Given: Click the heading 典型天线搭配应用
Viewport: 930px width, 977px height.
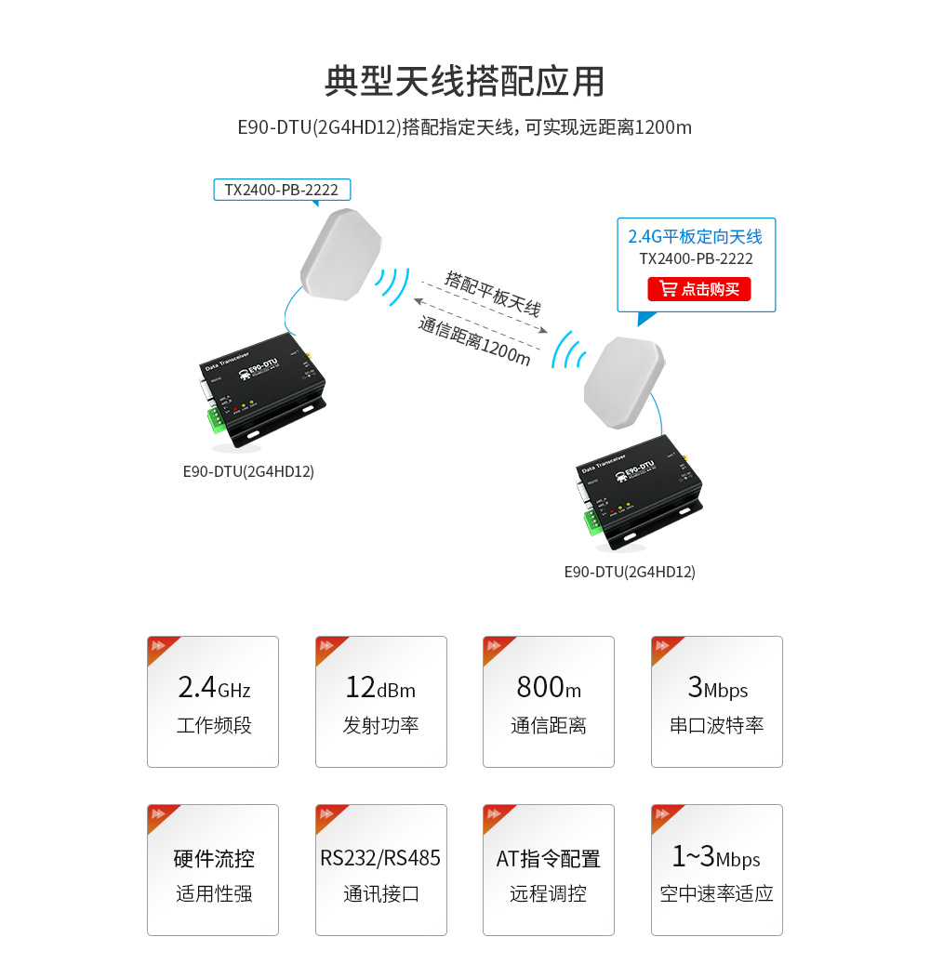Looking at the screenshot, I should (464, 81).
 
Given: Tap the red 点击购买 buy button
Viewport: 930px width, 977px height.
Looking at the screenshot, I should (698, 289).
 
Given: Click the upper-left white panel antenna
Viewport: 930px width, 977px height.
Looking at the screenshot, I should (339, 254).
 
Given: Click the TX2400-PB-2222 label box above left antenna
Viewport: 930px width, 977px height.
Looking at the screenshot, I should (282, 190).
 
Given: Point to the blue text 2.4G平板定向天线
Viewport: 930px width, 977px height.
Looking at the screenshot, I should (695, 236).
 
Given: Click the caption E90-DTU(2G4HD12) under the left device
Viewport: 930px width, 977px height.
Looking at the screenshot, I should (248, 471).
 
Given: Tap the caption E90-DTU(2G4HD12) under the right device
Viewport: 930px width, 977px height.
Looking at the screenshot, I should (630, 572).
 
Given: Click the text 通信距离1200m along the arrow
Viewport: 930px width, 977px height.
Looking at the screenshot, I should (474, 340).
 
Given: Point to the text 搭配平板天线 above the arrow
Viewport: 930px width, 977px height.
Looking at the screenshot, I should (493, 294).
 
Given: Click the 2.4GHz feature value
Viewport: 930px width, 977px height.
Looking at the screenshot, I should (213, 688).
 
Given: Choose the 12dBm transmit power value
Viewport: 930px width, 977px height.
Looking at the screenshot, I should (380, 688).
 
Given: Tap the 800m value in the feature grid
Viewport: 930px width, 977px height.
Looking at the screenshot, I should (549, 688).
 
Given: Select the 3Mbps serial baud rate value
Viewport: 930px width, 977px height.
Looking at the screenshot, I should (717, 688).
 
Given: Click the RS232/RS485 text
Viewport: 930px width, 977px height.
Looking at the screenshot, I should (380, 857).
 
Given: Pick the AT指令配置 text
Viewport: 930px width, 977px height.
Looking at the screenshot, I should (549, 858).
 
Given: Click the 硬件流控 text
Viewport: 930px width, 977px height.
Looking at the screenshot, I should (213, 858).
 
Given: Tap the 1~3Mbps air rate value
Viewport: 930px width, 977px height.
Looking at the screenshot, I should (717, 857).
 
